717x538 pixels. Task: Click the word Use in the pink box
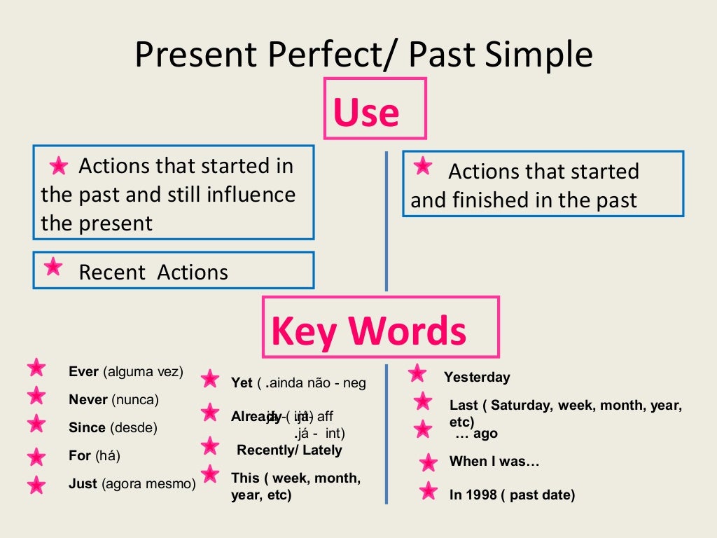tap(366, 112)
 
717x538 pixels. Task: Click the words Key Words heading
tap(369, 331)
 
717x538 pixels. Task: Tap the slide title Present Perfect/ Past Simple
tap(363, 54)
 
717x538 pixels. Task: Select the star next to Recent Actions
tap(53, 267)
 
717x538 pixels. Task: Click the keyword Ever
tap(84, 371)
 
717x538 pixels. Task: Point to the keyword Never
tap(88, 400)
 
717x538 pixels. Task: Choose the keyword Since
tap(88, 427)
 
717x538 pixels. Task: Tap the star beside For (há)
tap(36, 457)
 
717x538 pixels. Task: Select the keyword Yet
tap(242, 382)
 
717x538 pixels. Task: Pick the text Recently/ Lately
tap(289, 450)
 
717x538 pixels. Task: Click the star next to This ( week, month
tap(210, 474)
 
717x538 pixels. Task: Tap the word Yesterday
tap(477, 377)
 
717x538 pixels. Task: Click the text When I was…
tap(494, 461)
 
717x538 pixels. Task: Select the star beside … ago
tap(423, 429)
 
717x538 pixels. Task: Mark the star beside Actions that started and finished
tap(422, 166)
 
